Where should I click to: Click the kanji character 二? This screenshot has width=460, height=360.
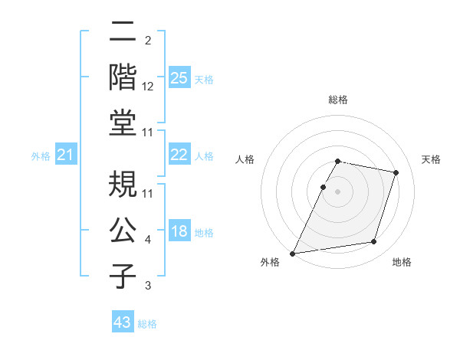pyautogui.click(x=123, y=32)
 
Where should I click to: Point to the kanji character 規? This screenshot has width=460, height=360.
pyautogui.click(x=123, y=185)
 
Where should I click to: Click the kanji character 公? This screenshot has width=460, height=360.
pyautogui.click(x=123, y=229)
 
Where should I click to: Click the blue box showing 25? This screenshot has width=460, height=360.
pyautogui.click(x=179, y=77)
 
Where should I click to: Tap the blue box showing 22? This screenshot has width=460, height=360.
pyautogui.click(x=179, y=155)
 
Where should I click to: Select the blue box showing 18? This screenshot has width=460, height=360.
pyautogui.click(x=179, y=231)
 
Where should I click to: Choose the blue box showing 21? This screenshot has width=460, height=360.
pyautogui.click(x=66, y=155)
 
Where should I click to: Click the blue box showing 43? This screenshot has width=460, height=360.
pyautogui.click(x=123, y=322)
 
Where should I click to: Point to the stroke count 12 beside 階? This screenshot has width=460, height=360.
pyautogui.click(x=148, y=87)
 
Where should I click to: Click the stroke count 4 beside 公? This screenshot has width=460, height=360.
pyautogui.click(x=148, y=240)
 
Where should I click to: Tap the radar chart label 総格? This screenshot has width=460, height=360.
pyautogui.click(x=337, y=100)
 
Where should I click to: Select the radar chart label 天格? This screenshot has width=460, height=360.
pyautogui.click(x=432, y=159)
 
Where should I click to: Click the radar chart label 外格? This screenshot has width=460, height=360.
pyautogui.click(x=270, y=263)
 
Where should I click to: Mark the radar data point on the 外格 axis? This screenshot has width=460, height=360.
pyautogui.click(x=293, y=253)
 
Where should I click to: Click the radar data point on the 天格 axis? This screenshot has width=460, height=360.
pyautogui.click(x=396, y=172)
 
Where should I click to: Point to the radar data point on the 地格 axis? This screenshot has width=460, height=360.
pyautogui.click(x=374, y=242)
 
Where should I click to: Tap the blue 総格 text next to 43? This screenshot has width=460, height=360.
pyautogui.click(x=147, y=324)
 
